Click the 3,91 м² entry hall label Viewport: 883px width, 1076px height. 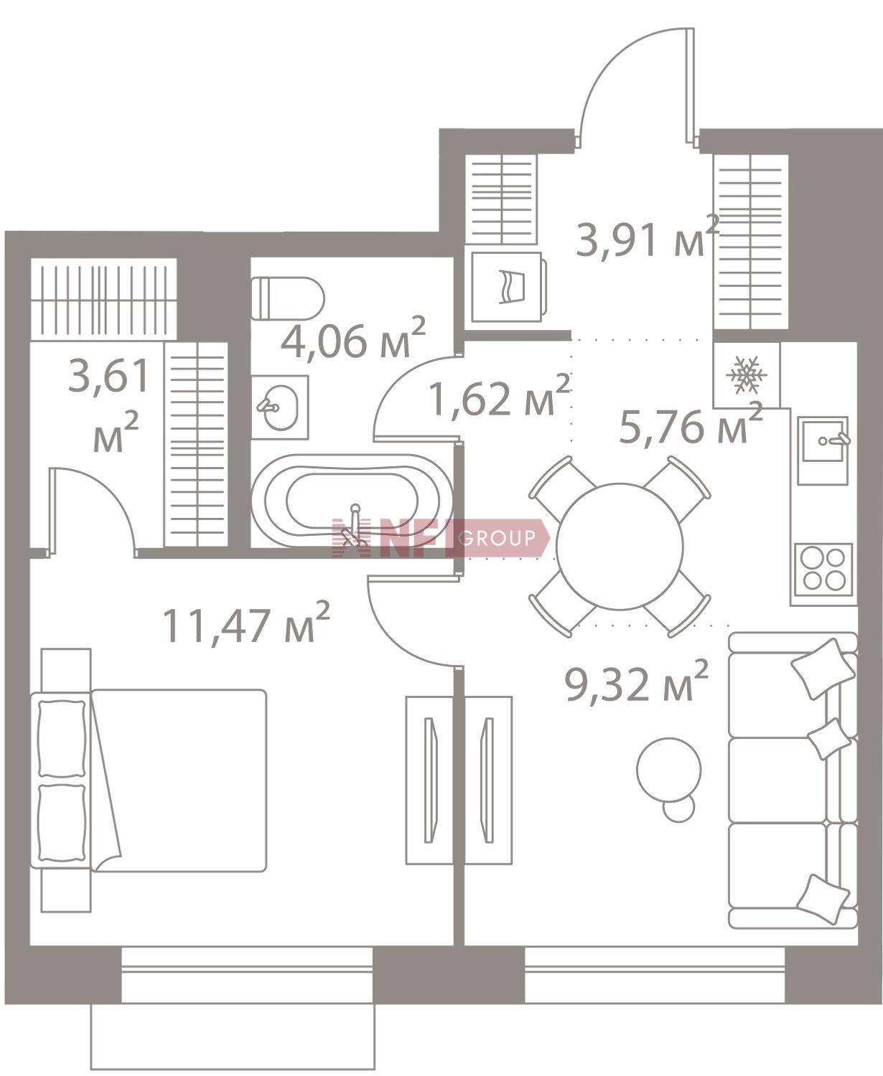tap(648, 237)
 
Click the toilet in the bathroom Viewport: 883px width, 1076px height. tap(288, 298)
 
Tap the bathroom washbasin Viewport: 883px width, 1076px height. tap(280, 407)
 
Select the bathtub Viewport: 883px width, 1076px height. tap(352, 501)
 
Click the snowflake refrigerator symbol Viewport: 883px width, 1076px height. tap(746, 375)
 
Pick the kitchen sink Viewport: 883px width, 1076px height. tap(823, 450)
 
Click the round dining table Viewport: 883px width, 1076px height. tap(620, 547)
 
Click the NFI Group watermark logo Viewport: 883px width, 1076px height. tap(441, 538)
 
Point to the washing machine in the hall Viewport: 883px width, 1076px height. tap(507, 287)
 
